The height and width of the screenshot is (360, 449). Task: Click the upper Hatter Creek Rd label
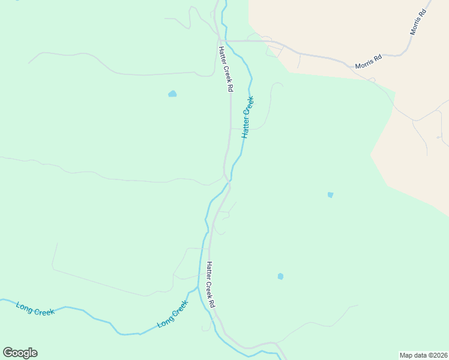tap(226, 69)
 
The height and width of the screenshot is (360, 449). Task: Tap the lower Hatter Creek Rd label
tap(211, 284)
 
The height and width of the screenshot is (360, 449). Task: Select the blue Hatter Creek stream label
tap(248, 117)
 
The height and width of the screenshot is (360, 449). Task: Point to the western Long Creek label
tap(35, 308)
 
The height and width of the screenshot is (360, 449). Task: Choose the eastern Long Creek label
tap(173, 314)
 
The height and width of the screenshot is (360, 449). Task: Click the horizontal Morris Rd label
tap(369, 62)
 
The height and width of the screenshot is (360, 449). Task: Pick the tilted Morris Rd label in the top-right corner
tap(421, 22)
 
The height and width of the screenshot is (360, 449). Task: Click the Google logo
tap(20, 352)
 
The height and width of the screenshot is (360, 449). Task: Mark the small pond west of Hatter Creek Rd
tap(173, 94)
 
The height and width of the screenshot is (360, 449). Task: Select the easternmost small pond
tap(330, 194)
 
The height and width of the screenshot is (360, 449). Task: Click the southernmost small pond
tap(280, 276)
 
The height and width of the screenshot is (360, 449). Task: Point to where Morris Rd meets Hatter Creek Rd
tap(220, 41)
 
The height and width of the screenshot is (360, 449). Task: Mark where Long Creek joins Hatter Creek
tap(199, 289)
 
